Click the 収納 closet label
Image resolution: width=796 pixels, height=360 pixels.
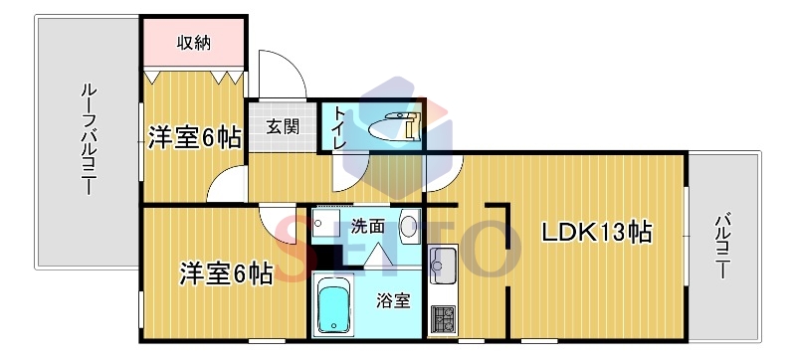click(x=193, y=43)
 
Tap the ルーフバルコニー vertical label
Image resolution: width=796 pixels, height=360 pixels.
click(x=89, y=140)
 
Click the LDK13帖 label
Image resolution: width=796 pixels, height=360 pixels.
click(x=597, y=233)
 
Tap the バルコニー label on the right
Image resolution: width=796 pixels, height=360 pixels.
click(x=723, y=247)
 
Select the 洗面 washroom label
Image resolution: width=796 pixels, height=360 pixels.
click(x=367, y=227)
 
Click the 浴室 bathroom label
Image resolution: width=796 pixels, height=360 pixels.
click(x=393, y=301)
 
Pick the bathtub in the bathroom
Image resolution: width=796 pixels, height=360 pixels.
click(x=333, y=305)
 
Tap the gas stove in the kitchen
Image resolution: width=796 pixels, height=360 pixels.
click(x=443, y=319)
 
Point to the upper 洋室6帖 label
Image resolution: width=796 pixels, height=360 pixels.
click(x=194, y=137)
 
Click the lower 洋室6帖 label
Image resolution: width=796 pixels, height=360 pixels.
click(x=226, y=274)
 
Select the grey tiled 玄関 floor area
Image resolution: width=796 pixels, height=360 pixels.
click(x=282, y=126)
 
